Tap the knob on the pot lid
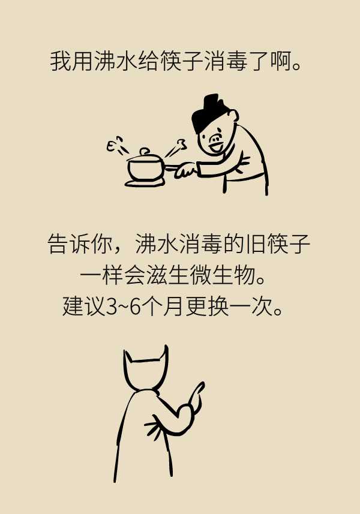tap(144, 152)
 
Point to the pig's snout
tap(215, 140)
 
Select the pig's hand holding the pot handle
tap(186, 171)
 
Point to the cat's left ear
tap(127, 358)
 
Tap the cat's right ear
tap(164, 354)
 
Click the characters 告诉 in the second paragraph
tap(69, 244)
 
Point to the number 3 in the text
tap(111, 307)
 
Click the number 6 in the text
tap(135, 307)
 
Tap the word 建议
tap(83, 306)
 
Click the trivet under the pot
tap(144, 183)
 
